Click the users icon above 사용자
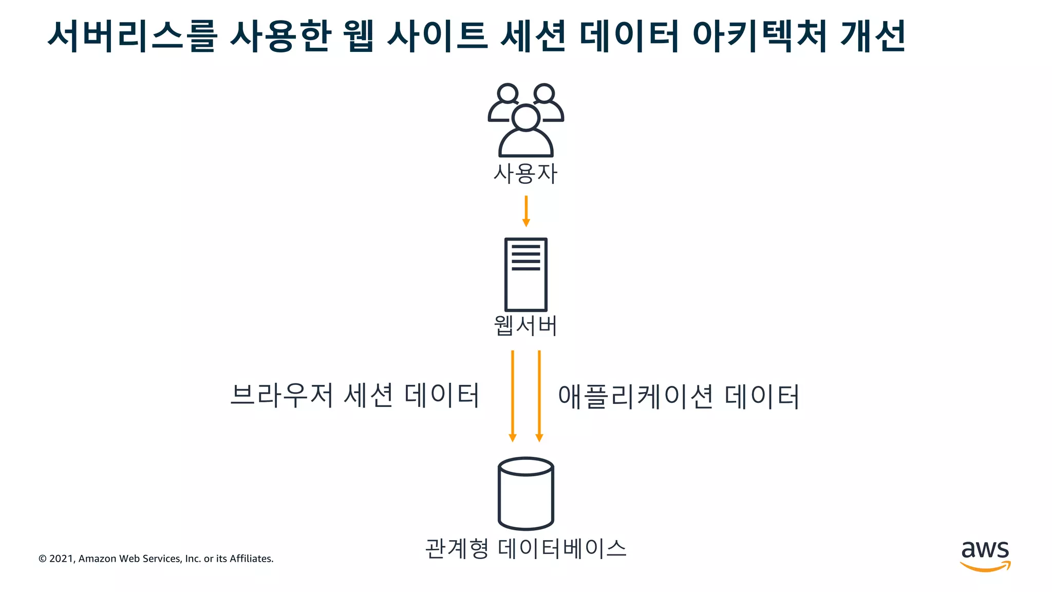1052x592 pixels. point(525,120)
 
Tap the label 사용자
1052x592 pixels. point(525,174)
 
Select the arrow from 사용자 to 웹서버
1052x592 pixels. point(525,211)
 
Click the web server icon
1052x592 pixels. point(525,274)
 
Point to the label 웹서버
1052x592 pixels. point(525,325)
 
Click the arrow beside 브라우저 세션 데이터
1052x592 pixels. point(512,396)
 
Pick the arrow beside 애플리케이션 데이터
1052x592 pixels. point(539,396)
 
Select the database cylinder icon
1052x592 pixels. point(525,493)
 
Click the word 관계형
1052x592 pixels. point(457,548)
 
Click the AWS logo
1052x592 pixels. point(985,556)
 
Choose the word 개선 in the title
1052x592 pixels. point(873,36)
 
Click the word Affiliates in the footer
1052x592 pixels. point(251,559)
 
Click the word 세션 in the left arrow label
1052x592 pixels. point(368,395)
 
